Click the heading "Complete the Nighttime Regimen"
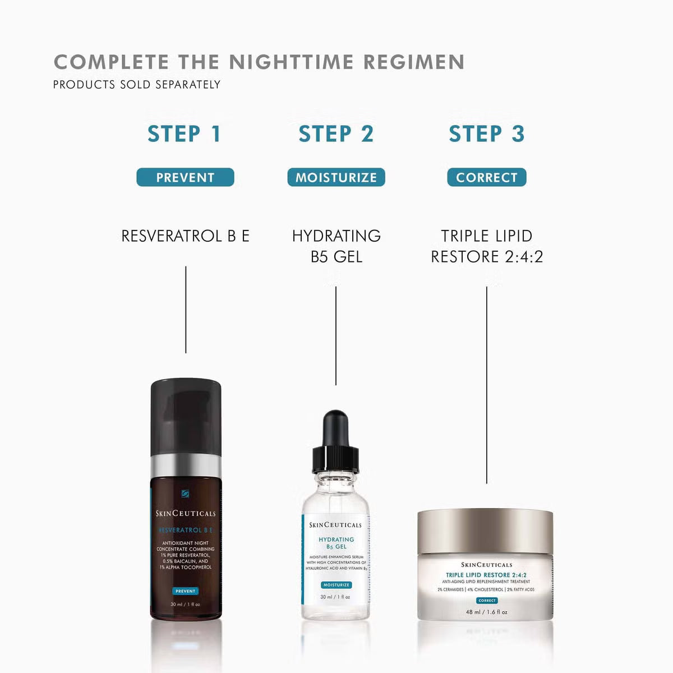(x=259, y=62)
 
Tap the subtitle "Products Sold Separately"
(x=137, y=85)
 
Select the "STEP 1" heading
(x=185, y=134)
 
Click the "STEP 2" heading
(x=335, y=134)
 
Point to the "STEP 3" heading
(x=486, y=134)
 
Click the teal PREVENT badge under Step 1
(x=185, y=177)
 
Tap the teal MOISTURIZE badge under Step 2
(x=336, y=177)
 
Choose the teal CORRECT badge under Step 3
(x=486, y=177)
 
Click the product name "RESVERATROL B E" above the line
(x=185, y=236)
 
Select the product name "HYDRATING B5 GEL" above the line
(x=336, y=246)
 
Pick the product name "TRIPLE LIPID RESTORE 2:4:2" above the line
(x=486, y=246)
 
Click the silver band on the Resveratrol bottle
(x=186, y=465)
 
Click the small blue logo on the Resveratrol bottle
(x=186, y=494)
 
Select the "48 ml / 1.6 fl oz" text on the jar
(x=486, y=612)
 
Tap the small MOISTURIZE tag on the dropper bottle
(x=336, y=585)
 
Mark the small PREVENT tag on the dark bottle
(x=185, y=591)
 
